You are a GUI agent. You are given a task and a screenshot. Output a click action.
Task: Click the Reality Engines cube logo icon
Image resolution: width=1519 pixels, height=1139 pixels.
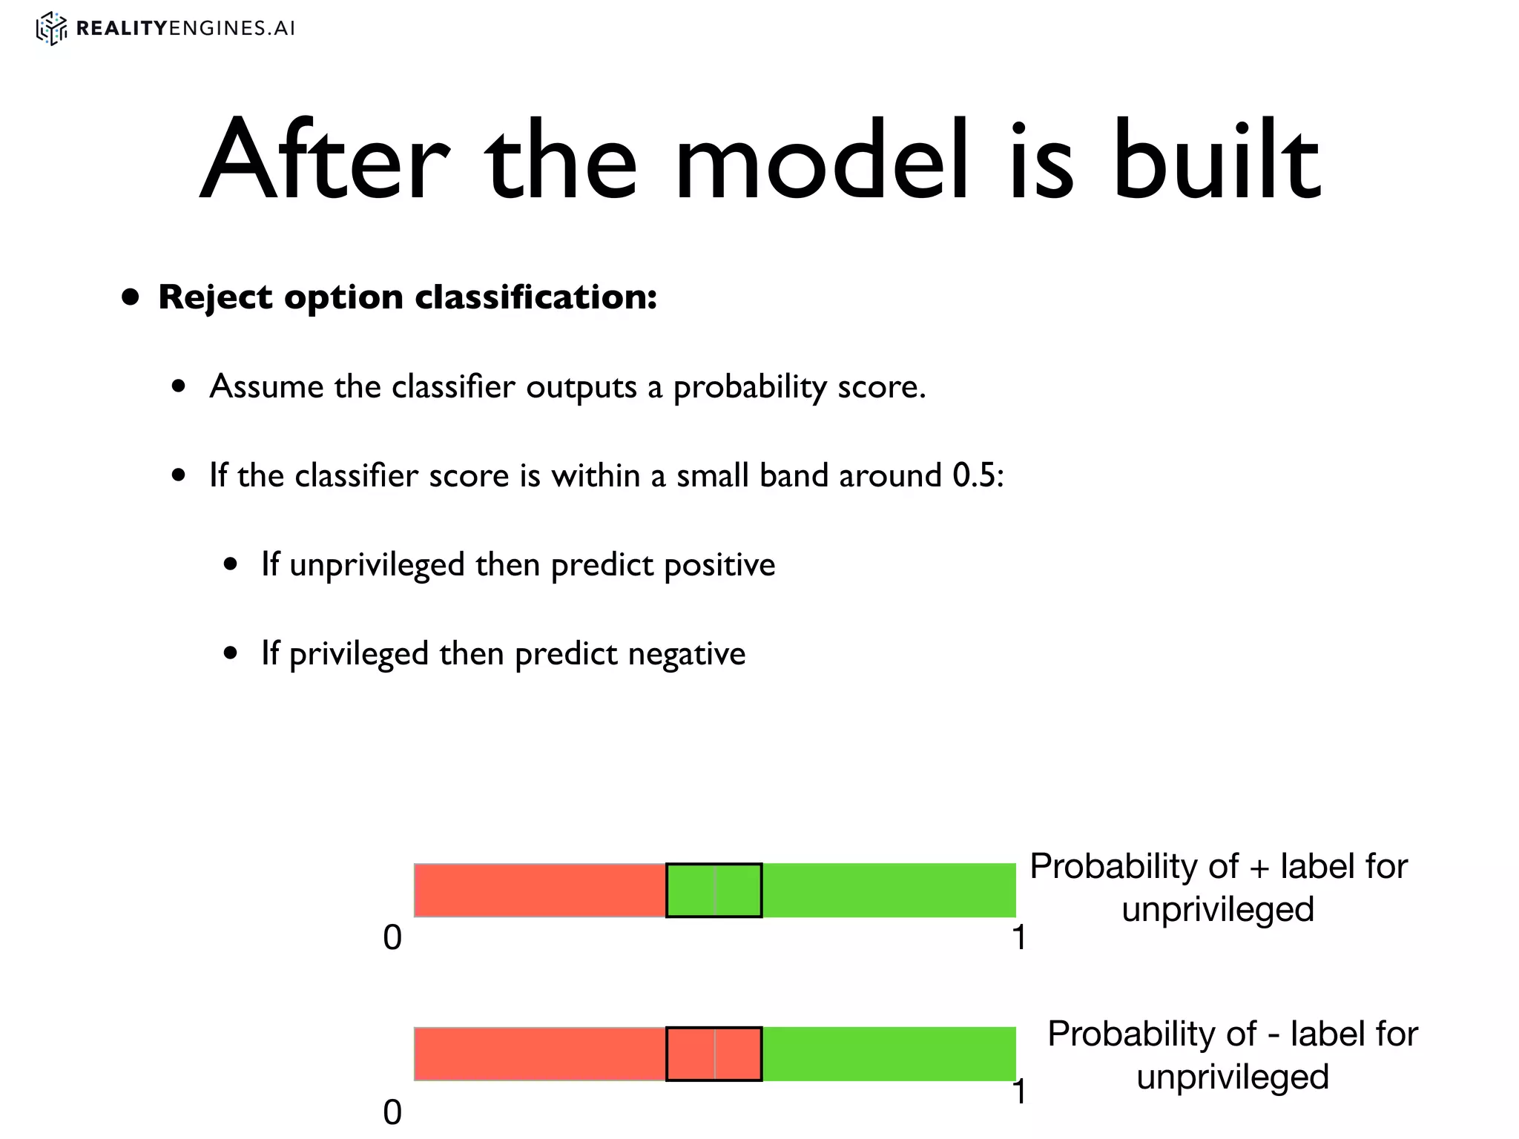51,28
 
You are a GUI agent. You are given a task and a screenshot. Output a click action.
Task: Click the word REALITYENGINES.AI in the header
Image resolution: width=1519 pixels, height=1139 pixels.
185,28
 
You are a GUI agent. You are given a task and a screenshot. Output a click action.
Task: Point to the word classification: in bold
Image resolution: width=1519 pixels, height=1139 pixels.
536,297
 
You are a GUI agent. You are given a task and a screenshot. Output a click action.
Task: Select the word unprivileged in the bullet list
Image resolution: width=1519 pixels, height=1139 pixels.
376,565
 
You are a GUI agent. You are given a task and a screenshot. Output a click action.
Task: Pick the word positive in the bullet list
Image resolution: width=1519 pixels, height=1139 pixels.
719,565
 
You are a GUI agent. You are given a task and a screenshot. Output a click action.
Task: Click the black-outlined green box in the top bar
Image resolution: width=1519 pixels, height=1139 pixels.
714,890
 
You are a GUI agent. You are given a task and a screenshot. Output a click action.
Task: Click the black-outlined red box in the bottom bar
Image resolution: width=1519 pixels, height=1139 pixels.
714,1054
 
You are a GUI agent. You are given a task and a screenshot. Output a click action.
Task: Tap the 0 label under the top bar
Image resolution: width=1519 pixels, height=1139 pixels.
392,938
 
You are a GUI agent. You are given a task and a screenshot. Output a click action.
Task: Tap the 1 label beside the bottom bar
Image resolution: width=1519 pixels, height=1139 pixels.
1020,1092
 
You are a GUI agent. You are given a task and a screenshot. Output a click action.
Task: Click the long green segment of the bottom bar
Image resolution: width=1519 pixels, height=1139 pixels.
889,1054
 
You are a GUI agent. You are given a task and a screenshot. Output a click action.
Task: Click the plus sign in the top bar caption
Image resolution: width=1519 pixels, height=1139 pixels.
1259,868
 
